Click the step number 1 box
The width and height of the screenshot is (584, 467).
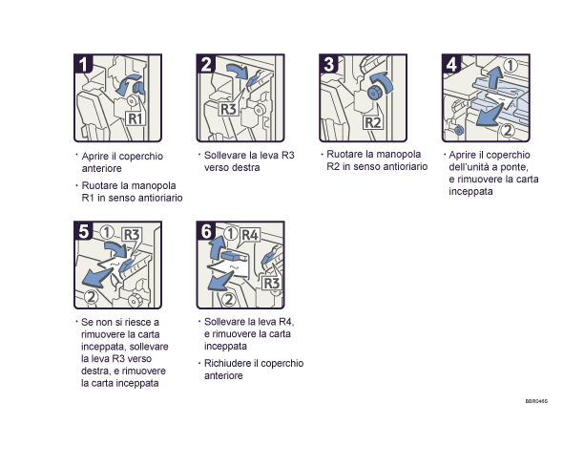tap(85, 65)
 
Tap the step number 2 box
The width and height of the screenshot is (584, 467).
tap(207, 65)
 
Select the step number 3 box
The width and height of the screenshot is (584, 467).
tap(329, 65)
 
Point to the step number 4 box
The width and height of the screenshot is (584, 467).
tap(451, 65)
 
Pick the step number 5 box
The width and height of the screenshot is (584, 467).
tap(85, 231)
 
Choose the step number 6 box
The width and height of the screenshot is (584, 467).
tap(207, 231)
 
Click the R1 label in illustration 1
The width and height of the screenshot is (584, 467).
tap(136, 119)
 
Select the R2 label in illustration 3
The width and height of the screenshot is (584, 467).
tap(373, 123)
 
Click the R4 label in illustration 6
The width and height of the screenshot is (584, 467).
tap(250, 233)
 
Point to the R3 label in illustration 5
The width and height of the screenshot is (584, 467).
tap(131, 233)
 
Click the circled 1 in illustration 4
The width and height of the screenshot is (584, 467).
tap(511, 66)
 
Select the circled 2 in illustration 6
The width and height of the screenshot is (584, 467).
tap(214, 298)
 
